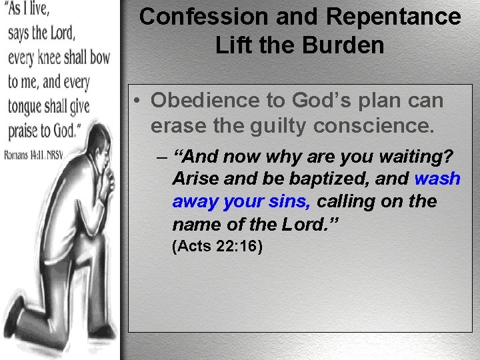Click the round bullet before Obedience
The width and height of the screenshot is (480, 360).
pyautogui.click(x=135, y=101)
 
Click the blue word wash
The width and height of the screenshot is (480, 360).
pyautogui.click(x=437, y=179)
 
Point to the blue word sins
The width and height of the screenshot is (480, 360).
pyautogui.click(x=291, y=201)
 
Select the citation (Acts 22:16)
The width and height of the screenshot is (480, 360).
pyautogui.click(x=217, y=247)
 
